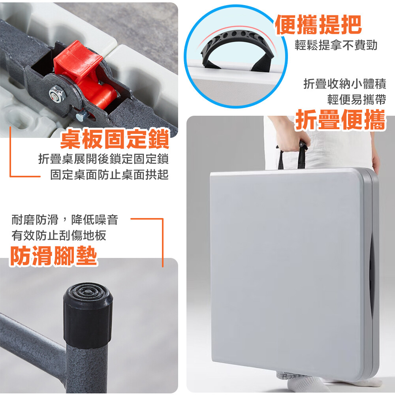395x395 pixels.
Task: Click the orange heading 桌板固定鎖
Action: point(115,139)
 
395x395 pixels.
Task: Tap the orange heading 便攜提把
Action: point(318,24)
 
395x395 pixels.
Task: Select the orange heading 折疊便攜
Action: point(340,120)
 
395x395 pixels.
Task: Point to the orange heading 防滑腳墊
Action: point(53,256)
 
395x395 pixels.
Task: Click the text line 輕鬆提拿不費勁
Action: point(336,45)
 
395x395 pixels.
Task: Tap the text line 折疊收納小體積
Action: point(344,84)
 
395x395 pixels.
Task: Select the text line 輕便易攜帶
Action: point(356,100)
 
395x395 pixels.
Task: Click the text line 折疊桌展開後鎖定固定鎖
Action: point(103,159)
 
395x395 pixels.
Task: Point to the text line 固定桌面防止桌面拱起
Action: point(109,175)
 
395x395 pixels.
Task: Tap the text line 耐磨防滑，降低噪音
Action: point(65,220)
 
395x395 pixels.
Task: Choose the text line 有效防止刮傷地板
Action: point(59,235)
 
